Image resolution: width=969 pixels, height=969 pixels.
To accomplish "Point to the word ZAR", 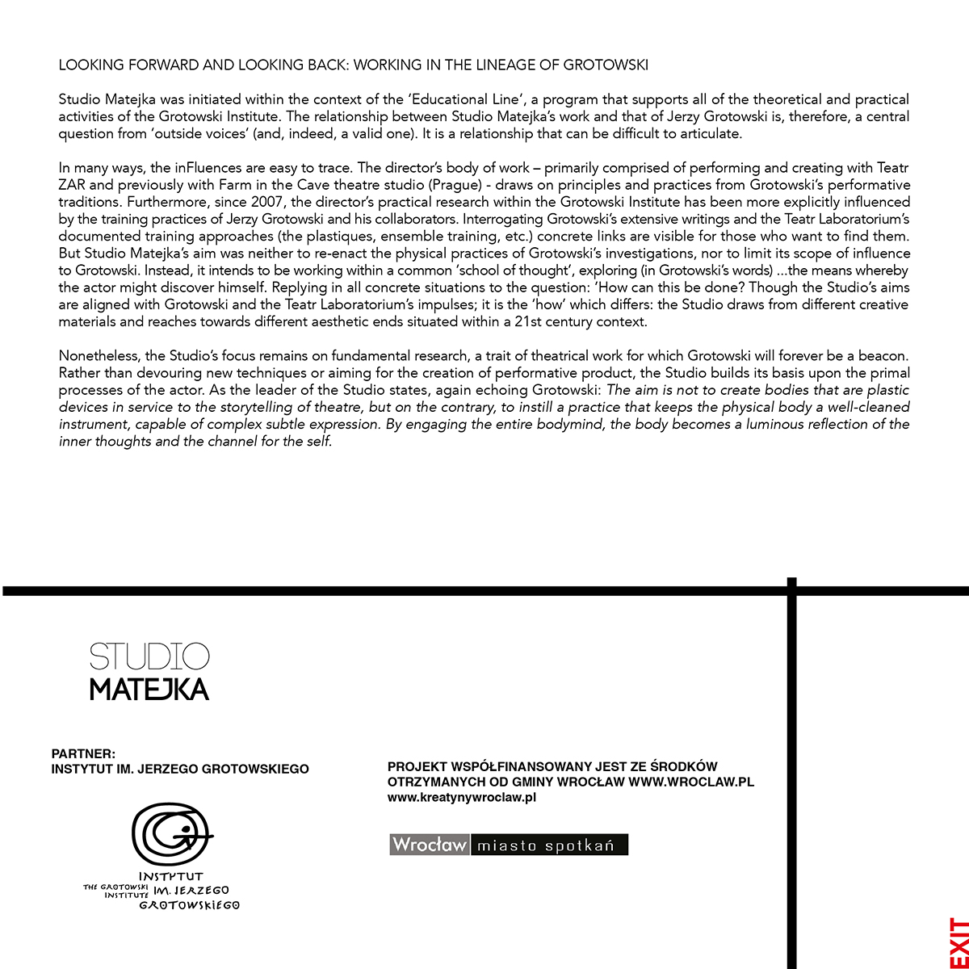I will coord(73,185).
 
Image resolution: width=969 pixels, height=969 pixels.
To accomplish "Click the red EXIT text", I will coord(958,938).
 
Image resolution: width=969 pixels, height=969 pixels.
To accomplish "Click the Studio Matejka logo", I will coord(149,672).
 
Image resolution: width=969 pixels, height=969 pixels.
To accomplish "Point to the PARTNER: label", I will coord(83,753).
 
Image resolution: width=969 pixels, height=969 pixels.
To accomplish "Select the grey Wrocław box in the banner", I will coord(429,845).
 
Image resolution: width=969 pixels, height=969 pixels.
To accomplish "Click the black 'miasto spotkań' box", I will coord(548,845).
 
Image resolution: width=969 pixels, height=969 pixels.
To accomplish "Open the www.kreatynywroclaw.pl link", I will coord(462,798).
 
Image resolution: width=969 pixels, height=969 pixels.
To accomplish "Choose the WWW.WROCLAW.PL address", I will coord(691,782).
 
